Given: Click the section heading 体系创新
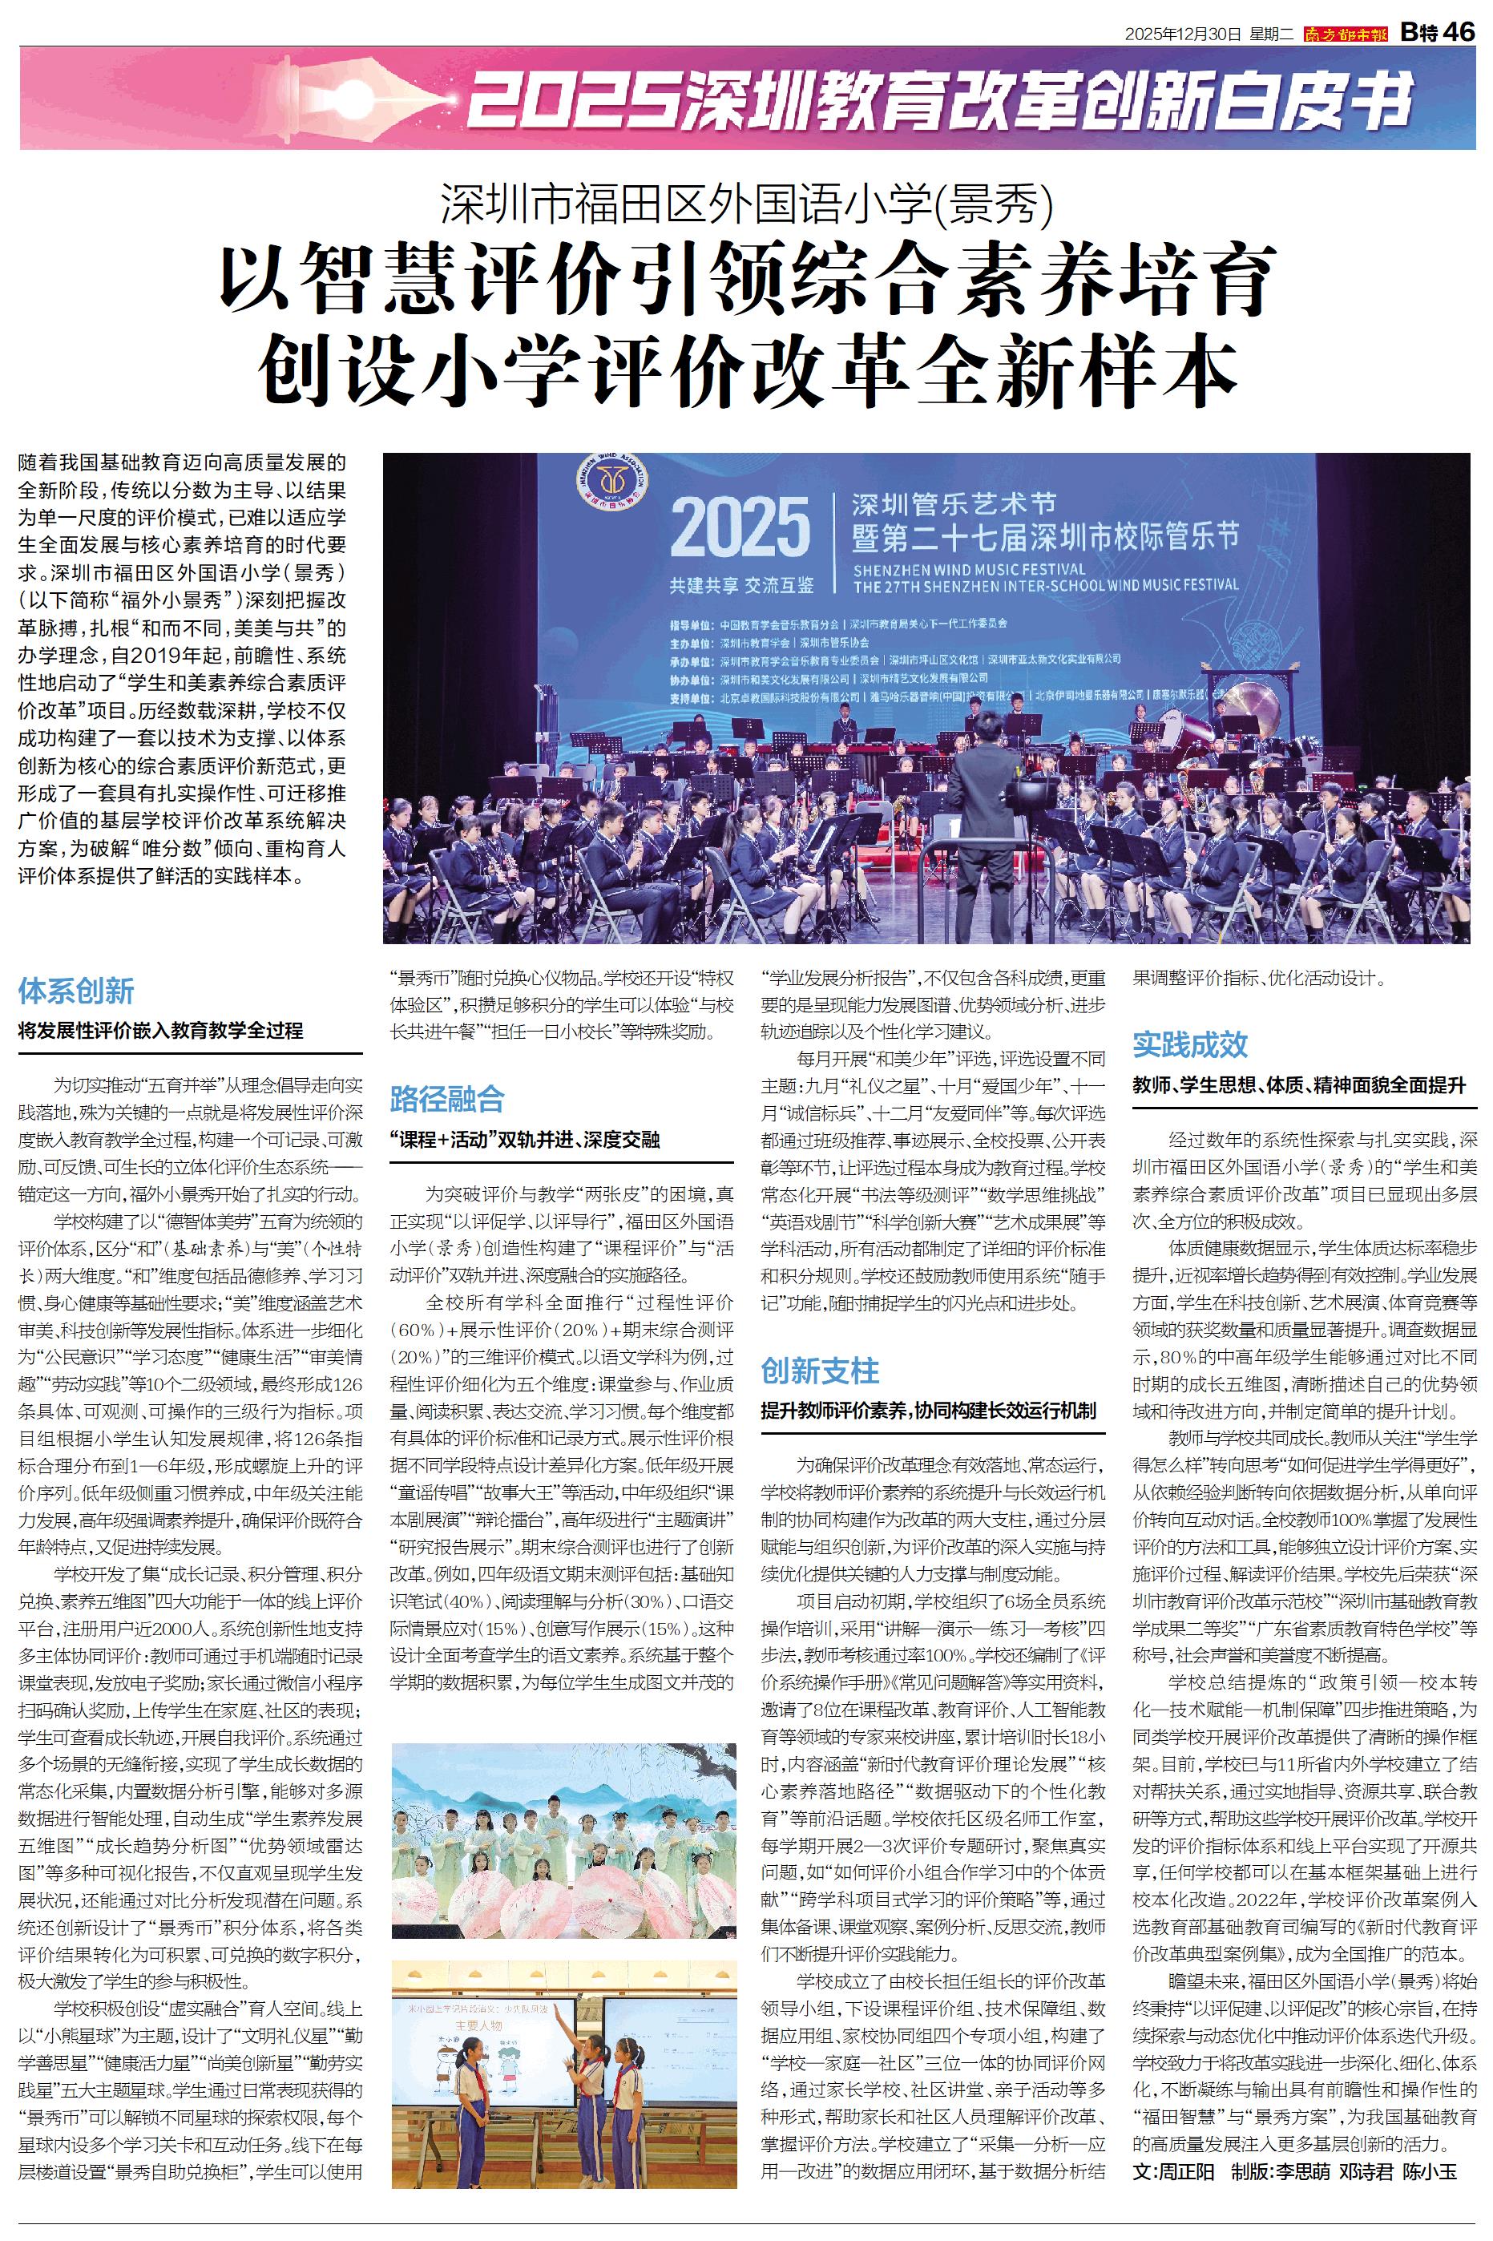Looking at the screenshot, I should pos(76,990).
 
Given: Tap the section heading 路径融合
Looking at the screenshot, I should pos(447,1100).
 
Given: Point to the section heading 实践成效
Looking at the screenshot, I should pos(1190,1044).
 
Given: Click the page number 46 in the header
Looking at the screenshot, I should pos(1459,31).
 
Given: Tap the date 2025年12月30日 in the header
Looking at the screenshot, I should pos(1184,34).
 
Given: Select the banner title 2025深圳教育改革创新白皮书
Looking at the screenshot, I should pos(938,101).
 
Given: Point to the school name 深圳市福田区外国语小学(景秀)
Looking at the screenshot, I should pos(747,202).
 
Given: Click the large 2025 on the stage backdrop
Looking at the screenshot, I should pos(739,528).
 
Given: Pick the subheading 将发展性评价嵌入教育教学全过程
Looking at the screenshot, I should pos(161,1030).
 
